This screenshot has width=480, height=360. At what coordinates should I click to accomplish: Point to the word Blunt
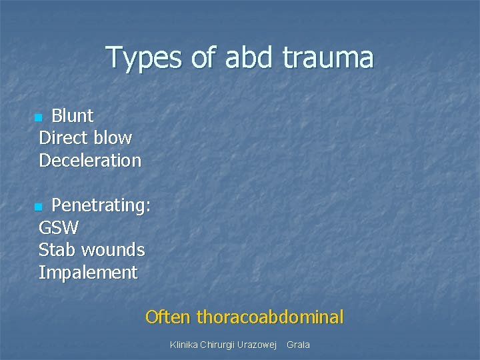tap(73, 116)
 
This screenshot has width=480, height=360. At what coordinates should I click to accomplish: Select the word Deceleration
tap(90, 161)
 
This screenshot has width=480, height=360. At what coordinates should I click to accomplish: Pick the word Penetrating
tap(101, 206)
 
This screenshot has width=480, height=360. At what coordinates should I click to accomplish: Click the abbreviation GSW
tap(59, 228)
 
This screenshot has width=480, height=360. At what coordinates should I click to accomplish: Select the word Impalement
tap(88, 273)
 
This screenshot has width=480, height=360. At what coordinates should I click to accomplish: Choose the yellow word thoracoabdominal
tap(270, 317)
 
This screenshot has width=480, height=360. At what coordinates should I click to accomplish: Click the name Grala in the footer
tap(298, 345)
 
